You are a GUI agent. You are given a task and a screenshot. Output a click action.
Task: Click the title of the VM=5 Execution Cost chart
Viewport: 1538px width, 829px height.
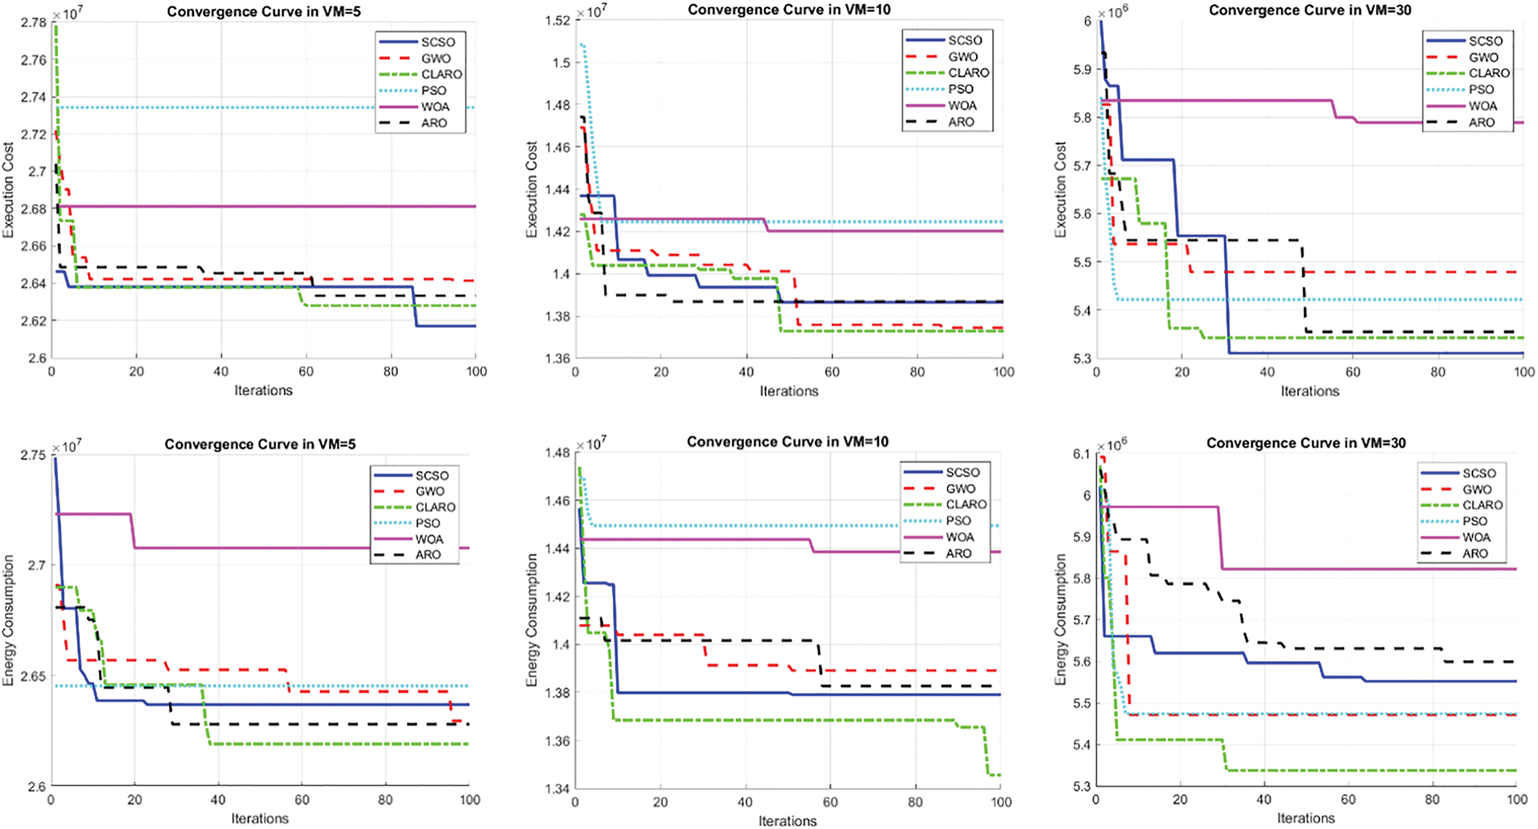[263, 11]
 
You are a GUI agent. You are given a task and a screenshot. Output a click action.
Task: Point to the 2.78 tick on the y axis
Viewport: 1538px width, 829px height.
[33, 23]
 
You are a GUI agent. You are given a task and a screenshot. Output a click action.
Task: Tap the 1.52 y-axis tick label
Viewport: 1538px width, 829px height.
[558, 20]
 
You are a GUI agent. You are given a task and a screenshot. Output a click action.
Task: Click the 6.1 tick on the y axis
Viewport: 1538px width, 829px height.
[1081, 454]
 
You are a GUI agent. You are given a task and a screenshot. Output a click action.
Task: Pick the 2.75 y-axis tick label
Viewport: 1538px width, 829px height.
[33, 455]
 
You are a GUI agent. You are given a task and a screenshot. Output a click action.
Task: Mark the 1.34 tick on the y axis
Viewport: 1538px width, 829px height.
[557, 789]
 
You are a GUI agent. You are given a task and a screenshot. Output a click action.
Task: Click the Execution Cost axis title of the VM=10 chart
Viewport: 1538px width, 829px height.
[531, 189]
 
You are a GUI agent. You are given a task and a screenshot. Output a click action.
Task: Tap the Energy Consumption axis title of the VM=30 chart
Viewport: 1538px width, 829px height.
[1060, 620]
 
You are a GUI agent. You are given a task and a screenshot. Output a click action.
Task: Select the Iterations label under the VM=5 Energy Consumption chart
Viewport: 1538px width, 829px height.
[260, 818]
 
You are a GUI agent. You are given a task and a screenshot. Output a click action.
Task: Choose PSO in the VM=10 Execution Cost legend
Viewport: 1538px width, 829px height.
[961, 89]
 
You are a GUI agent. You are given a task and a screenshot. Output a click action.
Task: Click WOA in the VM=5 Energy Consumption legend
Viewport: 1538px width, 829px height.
[429, 539]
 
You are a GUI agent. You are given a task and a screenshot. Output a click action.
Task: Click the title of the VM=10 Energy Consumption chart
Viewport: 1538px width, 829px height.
[787, 442]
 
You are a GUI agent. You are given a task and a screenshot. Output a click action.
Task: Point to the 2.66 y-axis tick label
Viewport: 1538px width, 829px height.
[33, 246]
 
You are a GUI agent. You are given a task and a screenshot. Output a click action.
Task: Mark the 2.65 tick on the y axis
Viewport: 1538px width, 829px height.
[33, 676]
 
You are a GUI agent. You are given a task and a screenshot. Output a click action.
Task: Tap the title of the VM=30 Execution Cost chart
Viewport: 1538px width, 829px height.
[1310, 10]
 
